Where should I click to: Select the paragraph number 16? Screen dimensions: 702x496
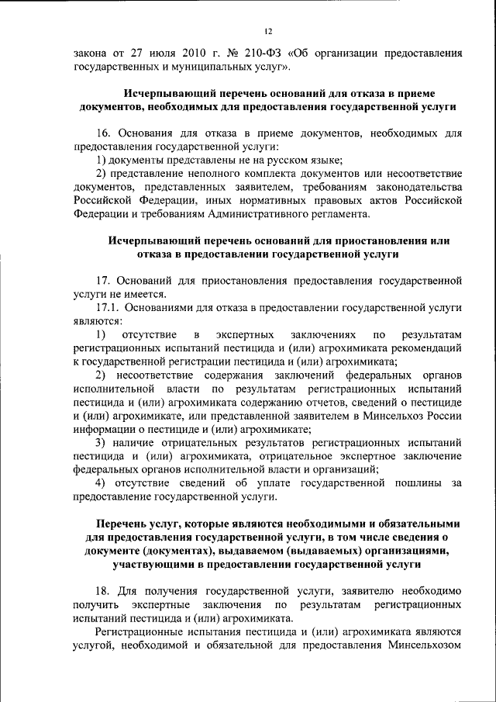coord(104,133)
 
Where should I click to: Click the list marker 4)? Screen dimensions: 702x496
coord(101,484)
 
